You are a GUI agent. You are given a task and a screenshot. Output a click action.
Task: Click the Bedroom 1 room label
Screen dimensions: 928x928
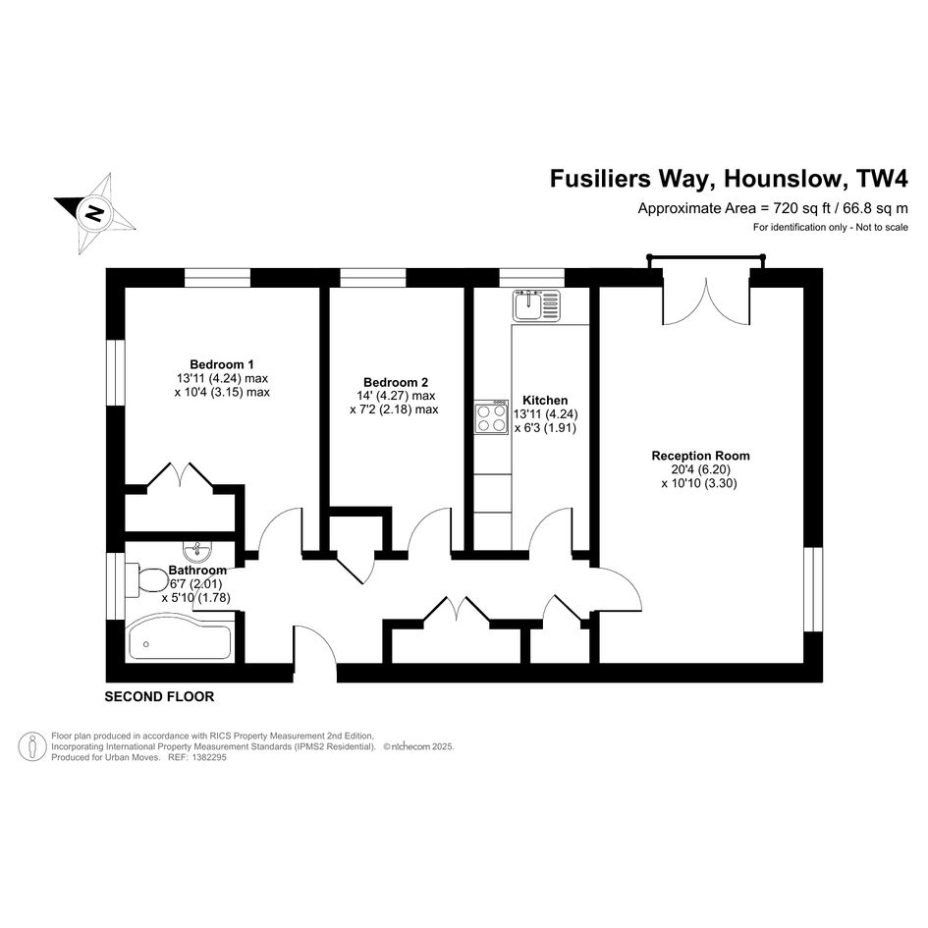point(222,364)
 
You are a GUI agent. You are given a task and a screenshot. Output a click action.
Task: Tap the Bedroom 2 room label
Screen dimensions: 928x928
point(396,382)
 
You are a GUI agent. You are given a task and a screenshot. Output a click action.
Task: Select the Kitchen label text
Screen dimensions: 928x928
point(545,400)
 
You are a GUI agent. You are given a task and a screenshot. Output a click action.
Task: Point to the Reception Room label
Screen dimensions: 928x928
point(701,456)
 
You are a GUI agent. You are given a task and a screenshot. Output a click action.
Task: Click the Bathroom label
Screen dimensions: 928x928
point(197,570)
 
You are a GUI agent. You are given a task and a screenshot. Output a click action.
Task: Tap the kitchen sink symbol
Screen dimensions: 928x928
point(536,305)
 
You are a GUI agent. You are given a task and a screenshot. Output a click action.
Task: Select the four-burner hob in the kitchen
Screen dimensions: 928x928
point(491,417)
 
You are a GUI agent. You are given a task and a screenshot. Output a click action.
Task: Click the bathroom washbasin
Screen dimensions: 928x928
point(197,551)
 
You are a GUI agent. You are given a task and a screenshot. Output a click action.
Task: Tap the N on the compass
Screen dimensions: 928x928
point(94,213)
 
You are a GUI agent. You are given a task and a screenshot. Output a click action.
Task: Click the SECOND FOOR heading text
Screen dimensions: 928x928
point(159,696)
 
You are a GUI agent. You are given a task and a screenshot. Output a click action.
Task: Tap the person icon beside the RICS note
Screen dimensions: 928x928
point(32,746)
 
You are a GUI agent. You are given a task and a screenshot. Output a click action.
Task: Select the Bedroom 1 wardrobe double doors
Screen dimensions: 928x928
point(180,474)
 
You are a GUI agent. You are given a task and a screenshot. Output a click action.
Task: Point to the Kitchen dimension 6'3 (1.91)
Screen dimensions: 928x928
point(545,428)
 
